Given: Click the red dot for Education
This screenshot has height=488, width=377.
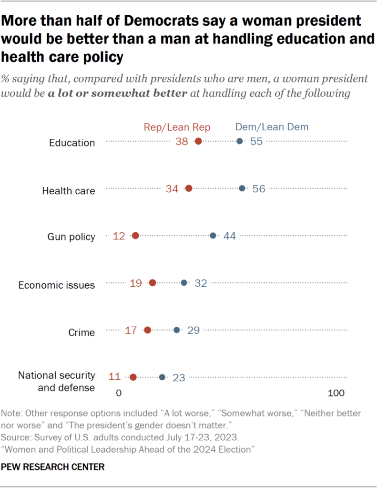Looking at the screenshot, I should pyautogui.click(x=198, y=141).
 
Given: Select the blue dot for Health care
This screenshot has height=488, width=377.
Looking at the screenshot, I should pyautogui.click(x=242, y=188).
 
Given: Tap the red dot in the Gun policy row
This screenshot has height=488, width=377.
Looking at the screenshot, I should pyautogui.click(x=135, y=236).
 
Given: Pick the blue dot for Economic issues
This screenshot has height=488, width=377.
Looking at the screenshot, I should pyautogui.click(x=184, y=283).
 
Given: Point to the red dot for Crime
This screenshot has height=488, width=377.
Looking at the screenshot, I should pyautogui.click(x=147, y=330).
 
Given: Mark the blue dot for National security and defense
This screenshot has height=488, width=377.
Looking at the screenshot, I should pyautogui.click(x=162, y=377).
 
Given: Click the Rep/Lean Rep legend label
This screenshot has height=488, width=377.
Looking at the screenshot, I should pyautogui.click(x=177, y=127).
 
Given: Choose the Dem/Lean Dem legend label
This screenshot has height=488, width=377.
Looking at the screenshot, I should pyautogui.click(x=272, y=127).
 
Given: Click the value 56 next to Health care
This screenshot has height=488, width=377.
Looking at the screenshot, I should pyautogui.click(x=259, y=188).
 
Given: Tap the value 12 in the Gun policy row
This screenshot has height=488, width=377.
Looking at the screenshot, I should pyautogui.click(x=120, y=236).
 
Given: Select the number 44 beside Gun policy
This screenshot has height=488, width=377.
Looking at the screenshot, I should pyautogui.click(x=230, y=236).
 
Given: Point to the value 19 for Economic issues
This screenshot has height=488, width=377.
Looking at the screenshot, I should pyautogui.click(x=136, y=283).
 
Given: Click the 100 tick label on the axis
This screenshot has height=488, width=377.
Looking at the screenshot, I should pyautogui.click(x=336, y=394).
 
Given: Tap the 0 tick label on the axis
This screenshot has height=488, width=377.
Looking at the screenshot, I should pyautogui.click(x=119, y=394).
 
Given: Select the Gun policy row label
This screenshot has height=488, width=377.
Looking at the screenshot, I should pyautogui.click(x=71, y=237).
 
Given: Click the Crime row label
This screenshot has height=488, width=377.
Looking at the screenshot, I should pyautogui.click(x=82, y=332).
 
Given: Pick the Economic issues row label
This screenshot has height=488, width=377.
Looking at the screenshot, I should pyautogui.click(x=57, y=285).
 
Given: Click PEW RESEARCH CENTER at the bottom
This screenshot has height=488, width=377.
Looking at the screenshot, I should pyautogui.click(x=53, y=467).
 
